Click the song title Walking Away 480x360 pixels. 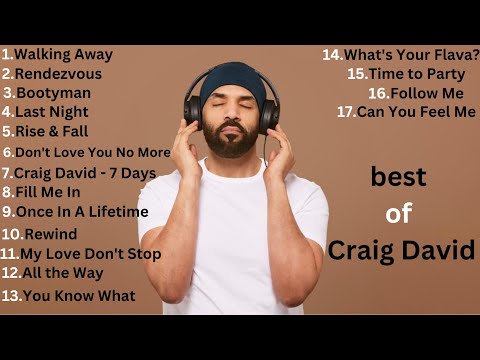(63, 54)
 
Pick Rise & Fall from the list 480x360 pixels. (51, 130)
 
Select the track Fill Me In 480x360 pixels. (47, 191)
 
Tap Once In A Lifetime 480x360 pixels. (81, 211)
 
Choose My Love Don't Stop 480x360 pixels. (90, 253)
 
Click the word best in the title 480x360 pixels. (398, 177)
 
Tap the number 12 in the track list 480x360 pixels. (11, 272)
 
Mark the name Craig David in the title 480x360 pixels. (401, 250)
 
